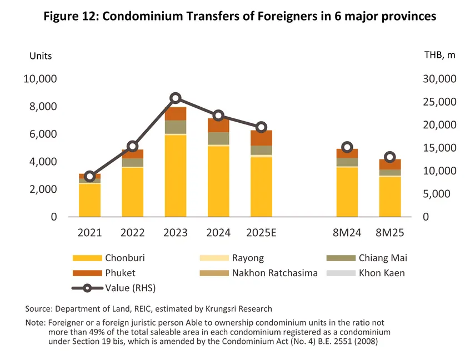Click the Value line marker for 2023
coord(176,98)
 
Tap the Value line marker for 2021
coord(90,176)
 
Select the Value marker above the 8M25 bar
coord(390,157)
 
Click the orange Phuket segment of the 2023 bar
coord(176,113)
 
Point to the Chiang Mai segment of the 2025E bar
coord(261,150)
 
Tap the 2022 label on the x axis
coord(132,233)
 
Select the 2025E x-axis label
coord(261,233)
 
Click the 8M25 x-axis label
coord(390,233)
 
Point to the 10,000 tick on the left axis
coord(40,79)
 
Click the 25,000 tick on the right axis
coord(439,102)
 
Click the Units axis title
coord(40,56)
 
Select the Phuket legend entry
coord(120,273)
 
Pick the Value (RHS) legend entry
coord(132,288)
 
